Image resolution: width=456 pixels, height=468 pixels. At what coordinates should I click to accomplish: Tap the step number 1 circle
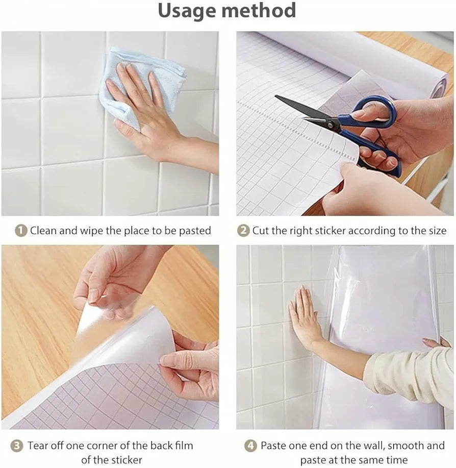[x=20, y=231]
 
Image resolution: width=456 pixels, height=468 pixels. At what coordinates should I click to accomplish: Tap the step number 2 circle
[x=243, y=231]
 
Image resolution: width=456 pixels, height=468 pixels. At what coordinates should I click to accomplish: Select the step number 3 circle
[x=17, y=446]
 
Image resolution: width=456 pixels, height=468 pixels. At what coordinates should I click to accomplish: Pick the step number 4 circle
[x=250, y=446]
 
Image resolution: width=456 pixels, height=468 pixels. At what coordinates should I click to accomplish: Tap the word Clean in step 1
[x=43, y=231]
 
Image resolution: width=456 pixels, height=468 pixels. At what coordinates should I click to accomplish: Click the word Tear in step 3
[x=39, y=446]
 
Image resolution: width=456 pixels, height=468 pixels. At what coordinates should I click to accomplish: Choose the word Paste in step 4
[x=274, y=446]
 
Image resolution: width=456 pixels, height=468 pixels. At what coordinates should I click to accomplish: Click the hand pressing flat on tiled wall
[x=305, y=316]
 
